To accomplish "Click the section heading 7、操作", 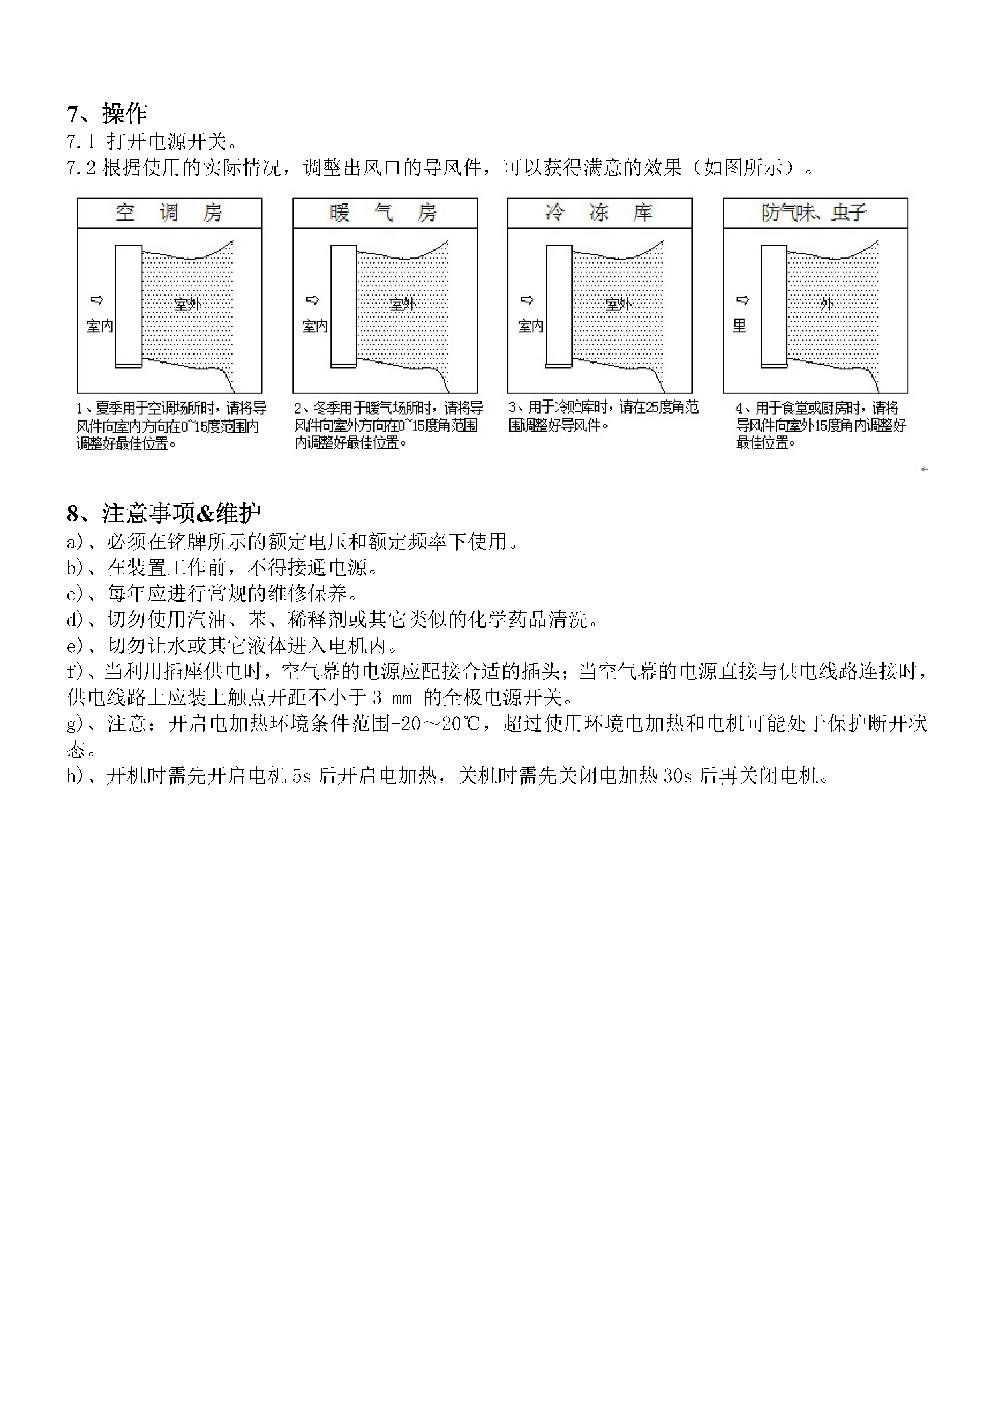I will [107, 114].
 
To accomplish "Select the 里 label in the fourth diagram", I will [740, 326].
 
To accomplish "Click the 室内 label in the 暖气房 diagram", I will [315, 326].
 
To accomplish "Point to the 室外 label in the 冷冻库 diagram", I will [618, 304].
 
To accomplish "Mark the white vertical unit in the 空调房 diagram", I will [129, 306].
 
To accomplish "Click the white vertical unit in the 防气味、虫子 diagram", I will [774, 306].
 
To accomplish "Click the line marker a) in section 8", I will [75, 542].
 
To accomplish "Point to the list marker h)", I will [75, 776].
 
